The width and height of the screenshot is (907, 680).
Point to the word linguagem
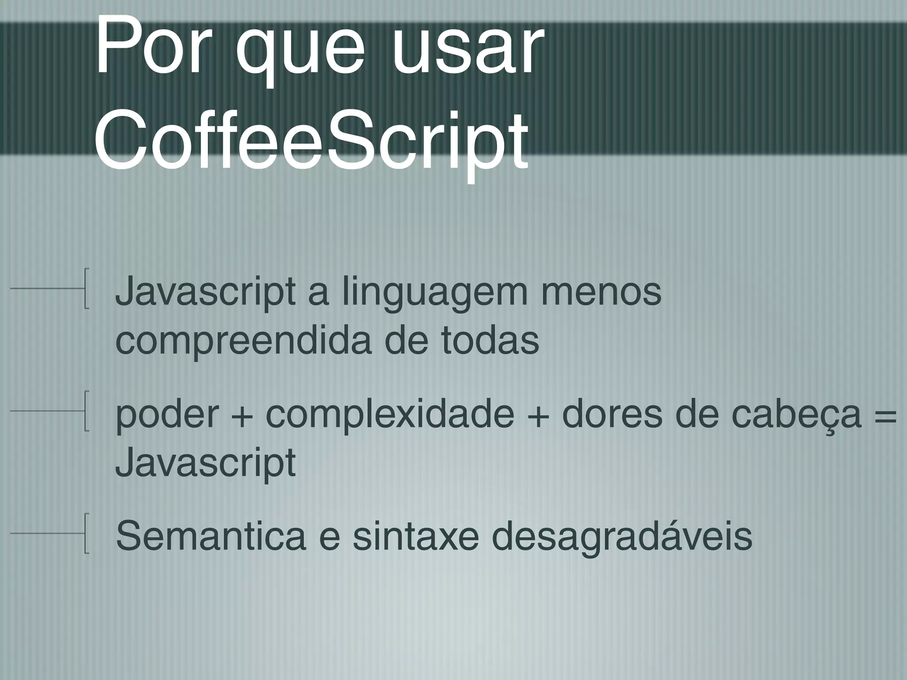click(x=434, y=294)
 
